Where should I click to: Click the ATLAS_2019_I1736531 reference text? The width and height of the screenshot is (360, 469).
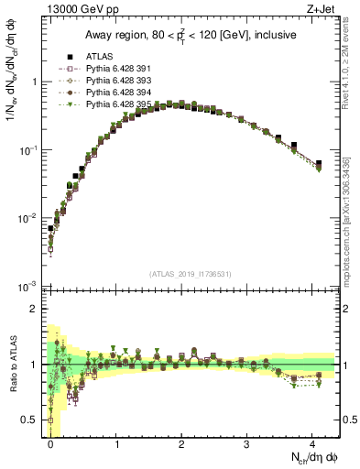click(191, 275)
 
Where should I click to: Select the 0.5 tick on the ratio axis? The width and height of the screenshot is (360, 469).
click(35, 420)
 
